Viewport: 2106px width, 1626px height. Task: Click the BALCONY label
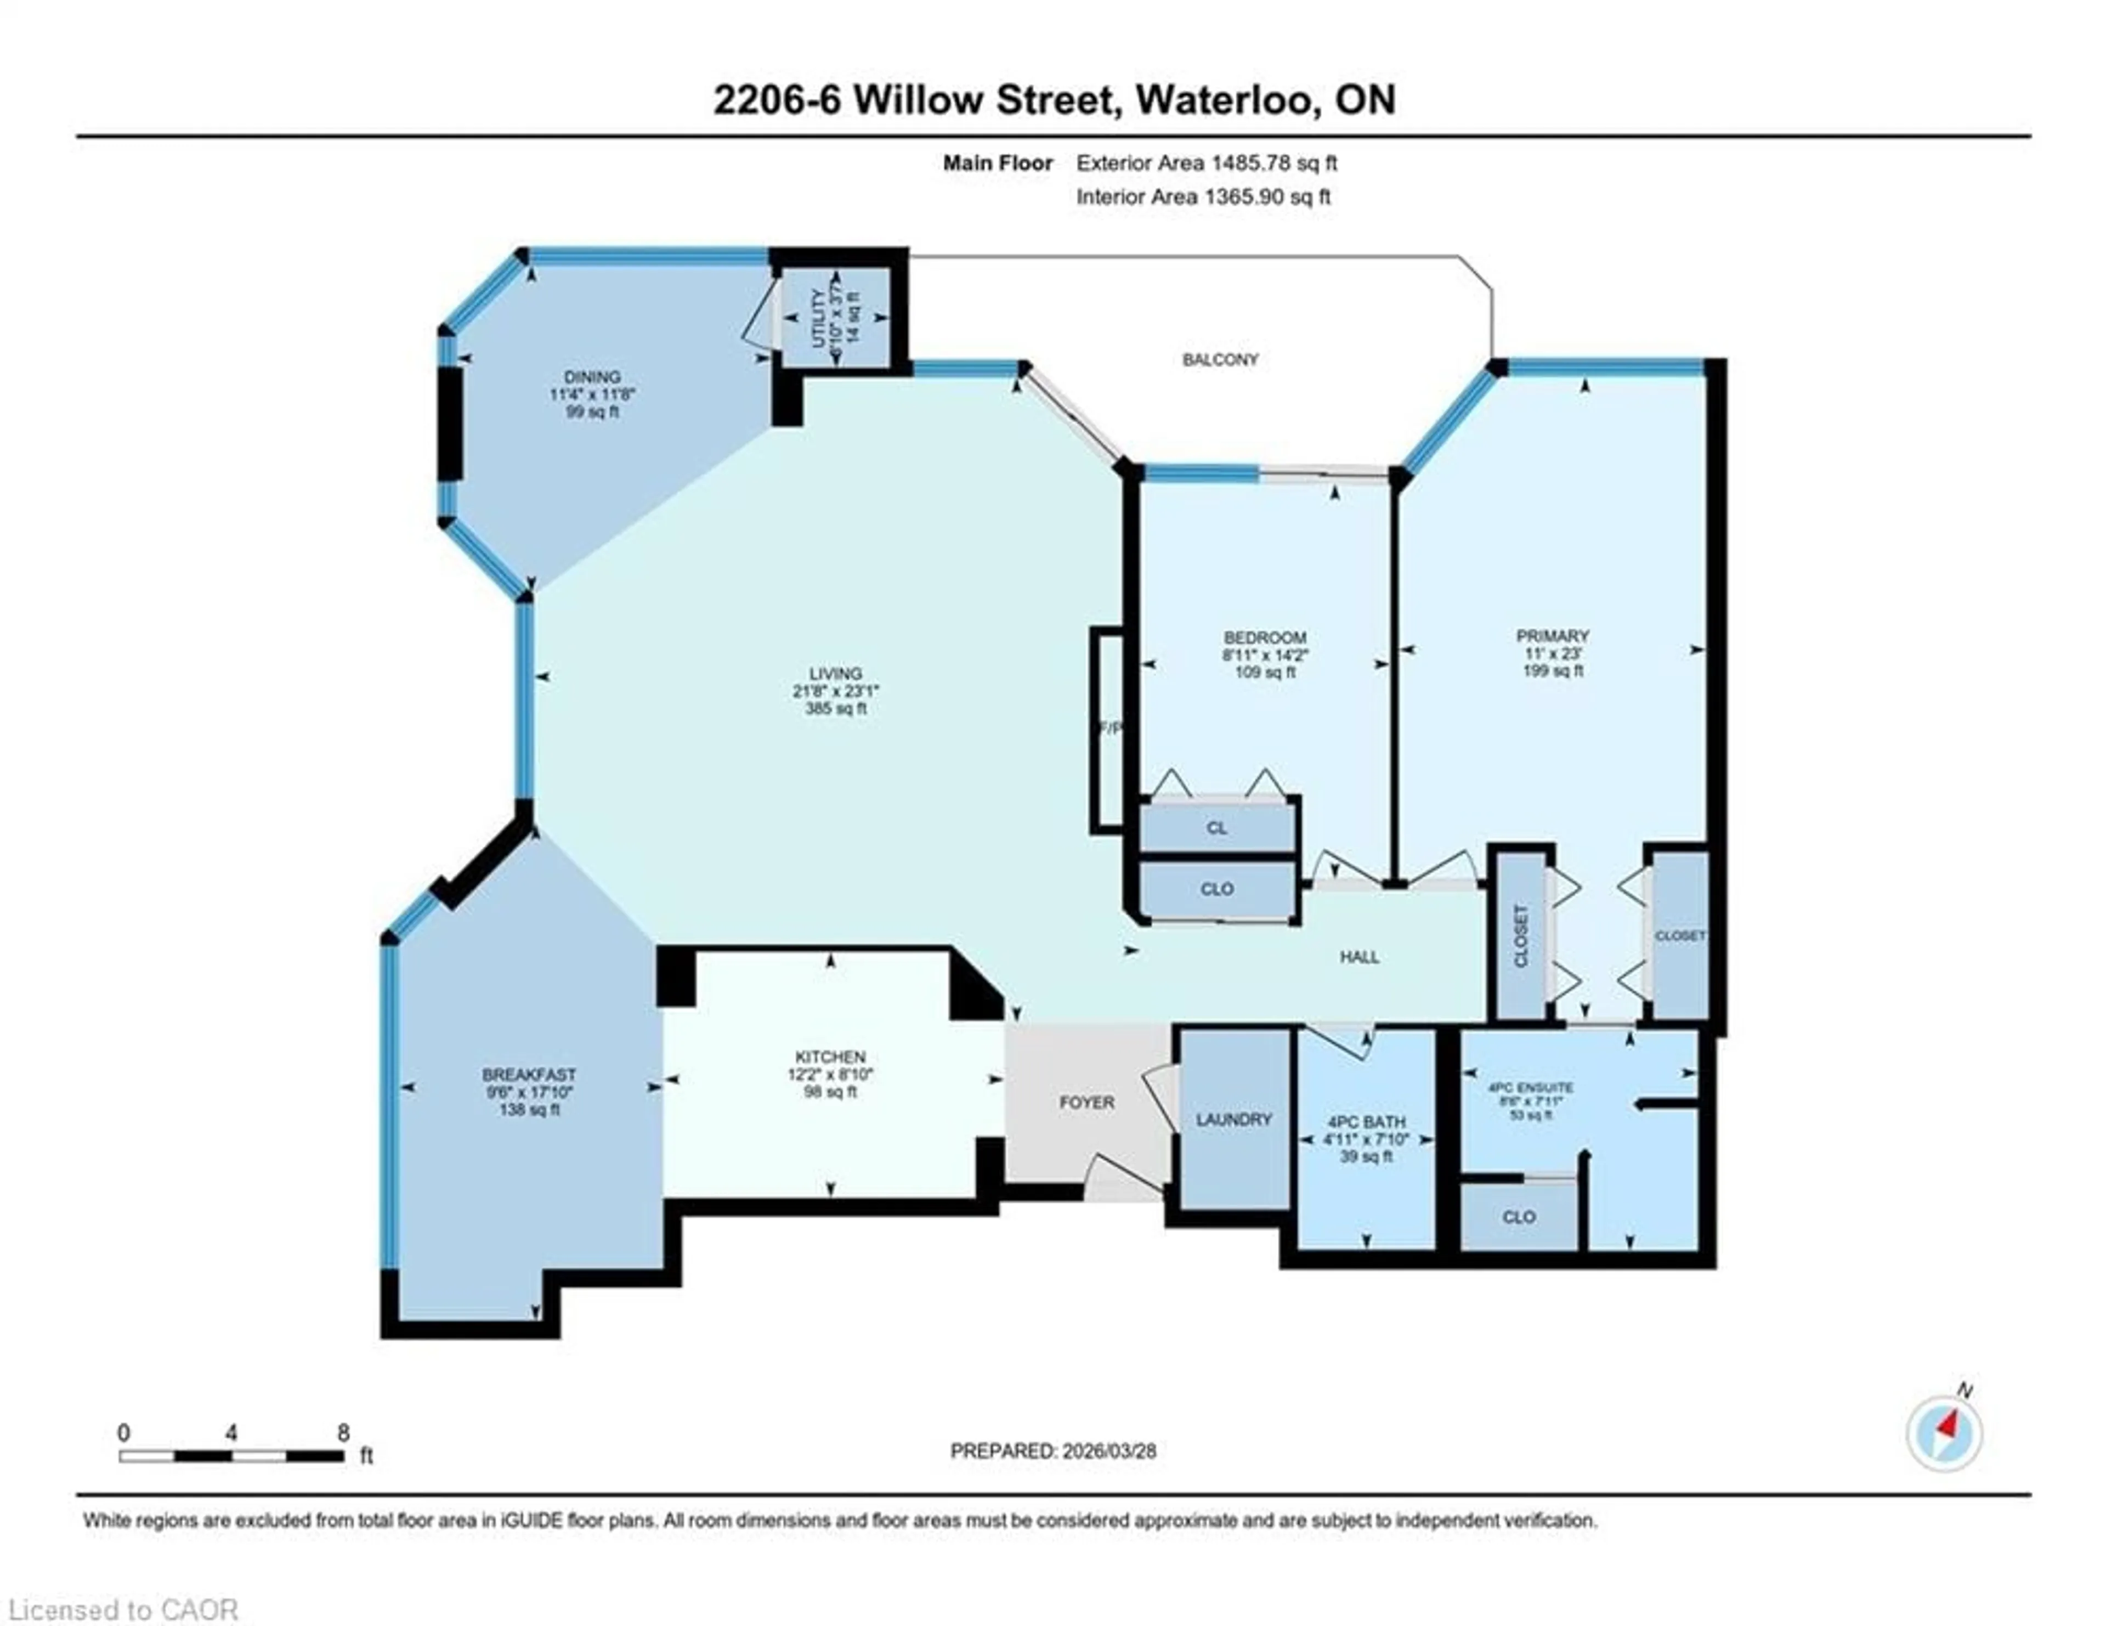tap(1220, 360)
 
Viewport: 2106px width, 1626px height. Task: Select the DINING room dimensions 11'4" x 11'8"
tap(592, 394)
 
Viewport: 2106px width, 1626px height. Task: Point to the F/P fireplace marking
tap(1111, 728)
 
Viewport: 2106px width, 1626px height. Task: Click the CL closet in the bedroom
tap(1217, 827)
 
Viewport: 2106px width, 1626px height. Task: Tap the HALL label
tap(1358, 957)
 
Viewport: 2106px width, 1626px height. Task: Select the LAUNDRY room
tap(1233, 1120)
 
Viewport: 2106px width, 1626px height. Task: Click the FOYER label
tap(1087, 1102)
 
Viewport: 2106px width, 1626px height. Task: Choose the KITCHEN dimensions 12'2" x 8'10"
tap(830, 1074)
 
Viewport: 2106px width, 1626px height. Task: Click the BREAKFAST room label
tap(529, 1074)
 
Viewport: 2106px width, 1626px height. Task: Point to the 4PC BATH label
tap(1366, 1122)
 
